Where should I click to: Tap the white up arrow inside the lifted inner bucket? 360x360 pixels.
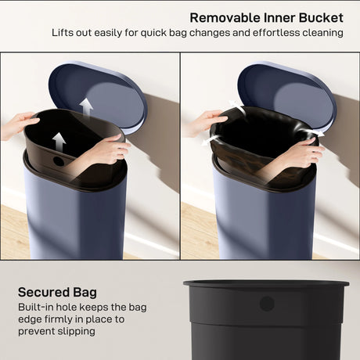[59, 142]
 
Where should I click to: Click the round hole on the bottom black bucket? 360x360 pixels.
[267, 303]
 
